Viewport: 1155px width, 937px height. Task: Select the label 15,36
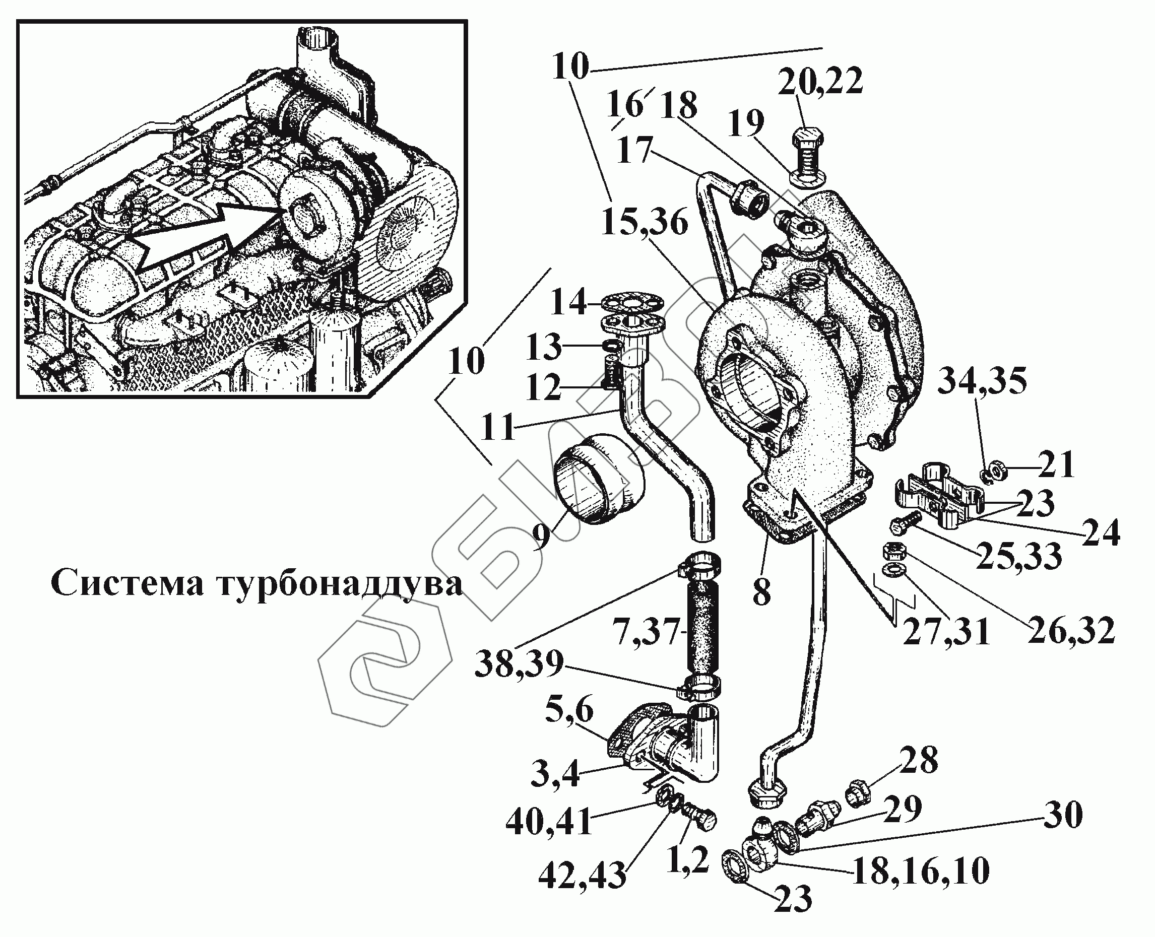[644, 222]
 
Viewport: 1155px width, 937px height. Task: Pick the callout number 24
[1100, 534]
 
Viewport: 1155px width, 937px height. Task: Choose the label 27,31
[946, 632]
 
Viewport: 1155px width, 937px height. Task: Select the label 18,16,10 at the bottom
[920, 871]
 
